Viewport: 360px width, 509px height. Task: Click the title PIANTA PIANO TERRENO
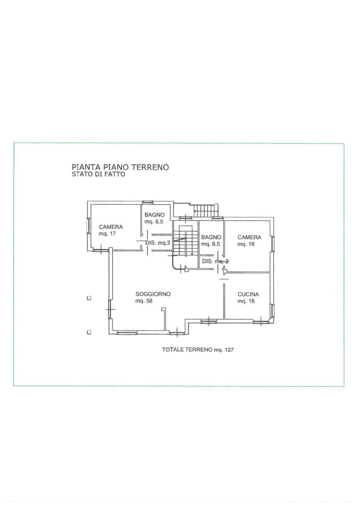point(120,167)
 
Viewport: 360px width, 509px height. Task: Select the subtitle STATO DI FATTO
point(98,174)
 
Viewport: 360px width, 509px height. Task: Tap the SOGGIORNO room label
point(153,294)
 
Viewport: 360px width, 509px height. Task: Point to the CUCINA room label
point(248,294)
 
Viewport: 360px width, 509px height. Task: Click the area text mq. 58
point(144,301)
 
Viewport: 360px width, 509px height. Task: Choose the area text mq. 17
point(107,233)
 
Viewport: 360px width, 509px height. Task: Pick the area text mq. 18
point(246,244)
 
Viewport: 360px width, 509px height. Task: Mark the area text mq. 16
point(246,301)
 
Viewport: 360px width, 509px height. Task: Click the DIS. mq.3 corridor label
point(158,243)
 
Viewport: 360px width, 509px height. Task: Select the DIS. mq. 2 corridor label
point(216,261)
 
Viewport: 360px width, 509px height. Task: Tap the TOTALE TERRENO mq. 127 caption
point(198,350)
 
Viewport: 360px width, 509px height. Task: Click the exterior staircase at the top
point(206,211)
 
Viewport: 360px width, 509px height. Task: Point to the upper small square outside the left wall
point(89,298)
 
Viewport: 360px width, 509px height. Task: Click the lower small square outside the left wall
point(89,332)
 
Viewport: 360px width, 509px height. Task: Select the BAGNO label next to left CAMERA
point(155,215)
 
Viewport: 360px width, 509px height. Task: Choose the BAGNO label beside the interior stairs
point(211,237)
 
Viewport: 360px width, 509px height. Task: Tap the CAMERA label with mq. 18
point(249,237)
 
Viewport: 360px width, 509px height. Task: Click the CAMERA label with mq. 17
point(111,227)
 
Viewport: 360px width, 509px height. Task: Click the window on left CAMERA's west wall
point(89,225)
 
